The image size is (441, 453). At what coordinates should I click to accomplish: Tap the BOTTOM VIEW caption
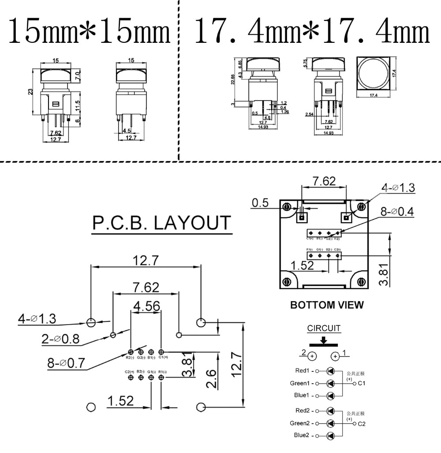tap(327, 305)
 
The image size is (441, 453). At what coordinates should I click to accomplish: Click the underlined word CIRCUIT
tap(324, 328)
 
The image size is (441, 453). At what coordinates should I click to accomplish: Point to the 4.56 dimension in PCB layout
tap(147, 306)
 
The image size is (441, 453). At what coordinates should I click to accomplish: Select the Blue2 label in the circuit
tap(302, 435)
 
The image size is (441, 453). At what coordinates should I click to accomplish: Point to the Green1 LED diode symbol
tap(331, 383)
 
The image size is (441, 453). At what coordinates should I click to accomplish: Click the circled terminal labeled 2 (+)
tap(312, 356)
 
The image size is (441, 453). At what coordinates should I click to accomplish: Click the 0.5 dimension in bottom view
tap(261, 203)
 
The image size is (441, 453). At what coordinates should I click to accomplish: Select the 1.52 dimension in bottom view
tap(303, 265)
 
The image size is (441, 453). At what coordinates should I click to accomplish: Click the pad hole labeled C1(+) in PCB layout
tap(161, 351)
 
